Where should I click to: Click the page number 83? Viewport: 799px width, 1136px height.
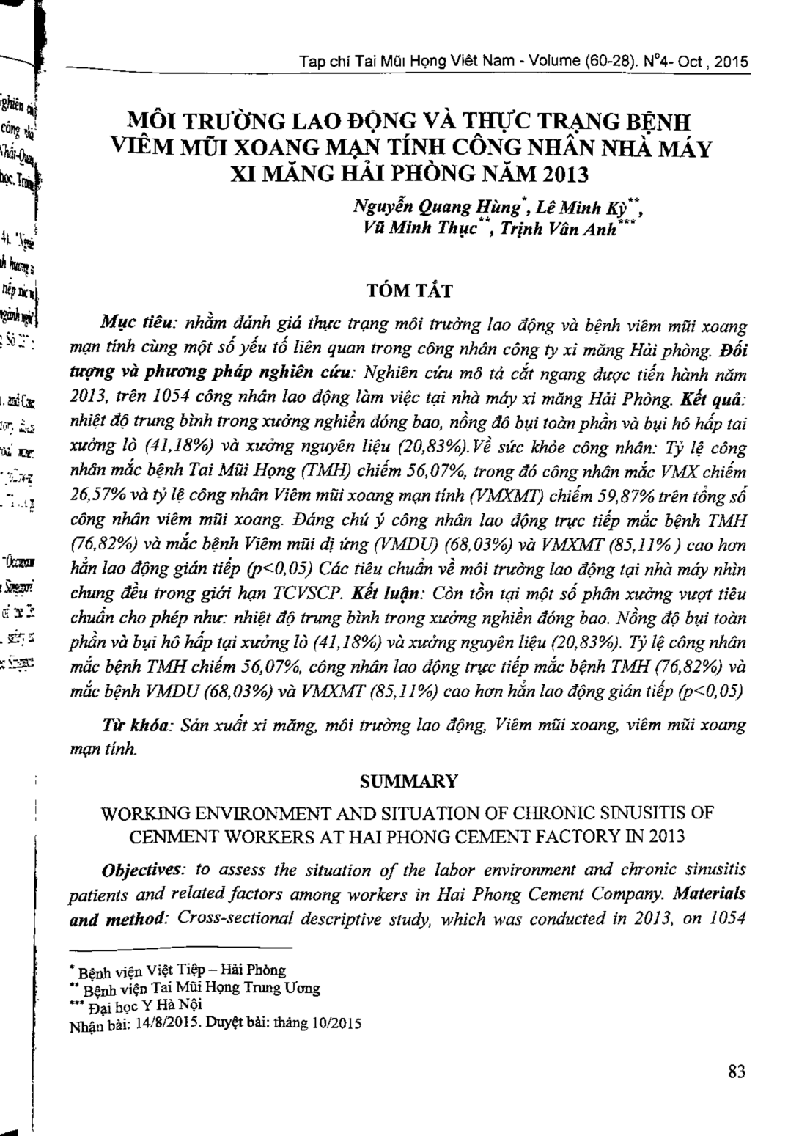[737, 1071]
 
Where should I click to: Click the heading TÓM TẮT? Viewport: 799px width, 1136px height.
[409, 290]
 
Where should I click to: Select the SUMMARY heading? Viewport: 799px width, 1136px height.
[408, 781]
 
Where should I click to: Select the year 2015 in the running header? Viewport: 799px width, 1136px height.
[729, 62]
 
